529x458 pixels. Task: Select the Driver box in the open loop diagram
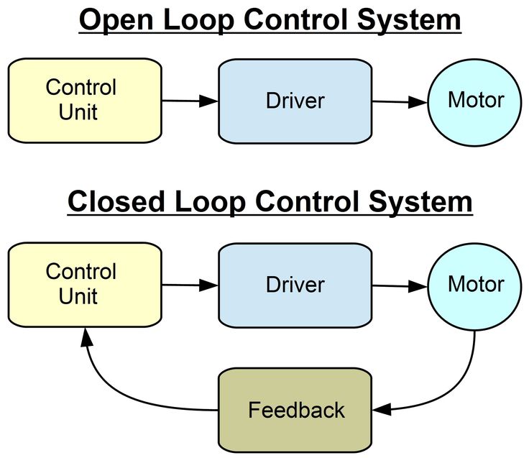click(x=295, y=100)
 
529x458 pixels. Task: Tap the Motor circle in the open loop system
click(x=474, y=100)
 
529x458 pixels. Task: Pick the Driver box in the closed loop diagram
click(x=295, y=284)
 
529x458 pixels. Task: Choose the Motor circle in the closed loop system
click(x=474, y=284)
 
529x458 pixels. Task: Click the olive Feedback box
click(x=295, y=410)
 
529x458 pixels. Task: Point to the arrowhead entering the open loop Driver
click(x=208, y=101)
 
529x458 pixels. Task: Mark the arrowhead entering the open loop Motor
click(x=418, y=103)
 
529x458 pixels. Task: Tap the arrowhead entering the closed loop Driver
click(x=208, y=285)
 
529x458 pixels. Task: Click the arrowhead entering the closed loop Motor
click(x=418, y=287)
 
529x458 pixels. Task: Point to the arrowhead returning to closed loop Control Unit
click(x=86, y=335)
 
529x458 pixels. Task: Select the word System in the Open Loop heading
click(x=410, y=21)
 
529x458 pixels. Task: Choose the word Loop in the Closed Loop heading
click(x=215, y=202)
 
